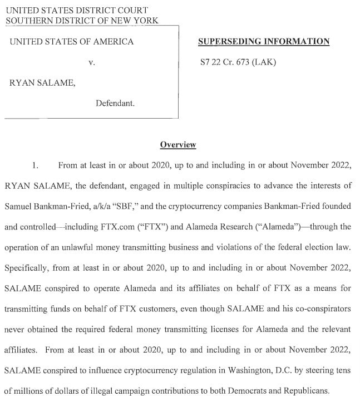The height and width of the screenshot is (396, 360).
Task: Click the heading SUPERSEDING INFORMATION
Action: tap(264, 42)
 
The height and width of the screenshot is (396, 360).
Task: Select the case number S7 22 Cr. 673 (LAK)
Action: tap(238, 62)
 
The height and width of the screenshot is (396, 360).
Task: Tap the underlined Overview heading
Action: tap(178, 145)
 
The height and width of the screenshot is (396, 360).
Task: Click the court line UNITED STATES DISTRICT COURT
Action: tap(77, 11)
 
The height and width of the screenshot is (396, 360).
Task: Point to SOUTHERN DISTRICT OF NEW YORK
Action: tap(82, 21)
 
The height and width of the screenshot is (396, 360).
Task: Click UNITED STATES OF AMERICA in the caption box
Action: tap(71, 42)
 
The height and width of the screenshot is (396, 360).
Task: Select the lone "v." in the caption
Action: tap(92, 62)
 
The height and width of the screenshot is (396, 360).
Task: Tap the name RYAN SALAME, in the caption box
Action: tap(42, 83)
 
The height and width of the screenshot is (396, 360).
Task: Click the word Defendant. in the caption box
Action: tap(115, 104)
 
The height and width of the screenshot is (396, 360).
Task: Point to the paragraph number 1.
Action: tap(35, 165)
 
